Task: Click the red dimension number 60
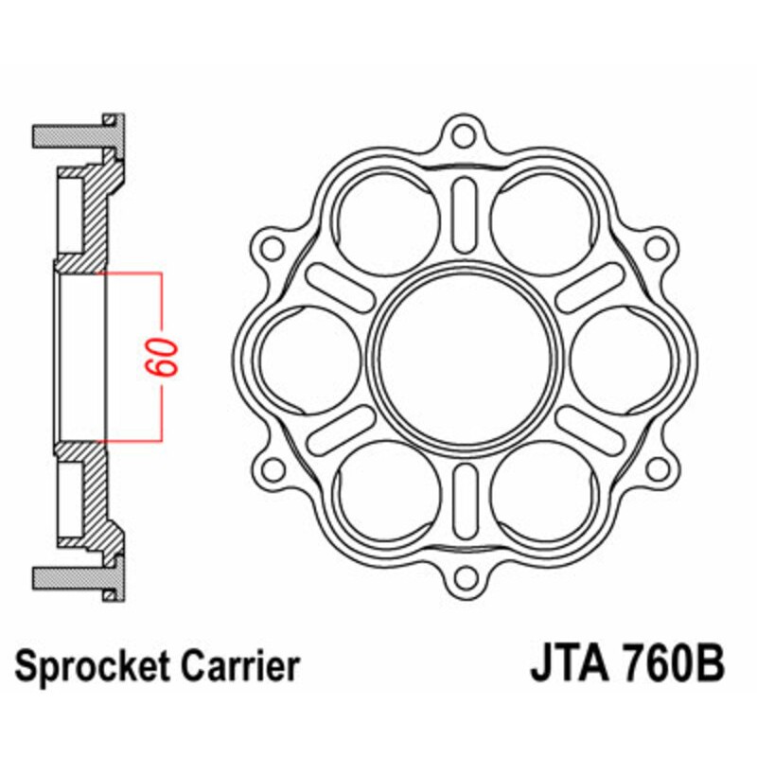click(162, 357)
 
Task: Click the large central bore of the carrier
click(463, 357)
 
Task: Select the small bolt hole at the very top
click(463, 135)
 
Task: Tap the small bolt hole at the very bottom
click(463, 578)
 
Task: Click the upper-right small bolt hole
click(654, 248)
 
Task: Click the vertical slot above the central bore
click(463, 216)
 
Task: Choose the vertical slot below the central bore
click(463, 499)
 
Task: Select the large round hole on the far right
click(621, 357)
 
